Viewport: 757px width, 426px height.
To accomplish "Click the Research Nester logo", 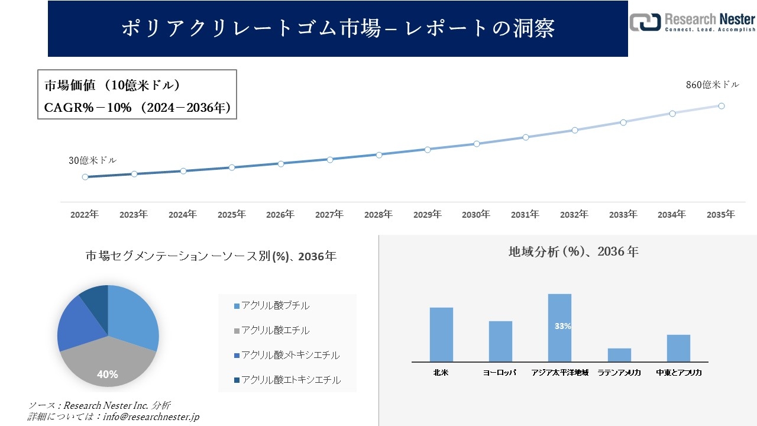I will click(x=692, y=22).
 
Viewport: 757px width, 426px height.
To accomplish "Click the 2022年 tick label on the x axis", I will click(x=85, y=215).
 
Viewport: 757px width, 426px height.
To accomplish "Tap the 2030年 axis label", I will click(x=476, y=215).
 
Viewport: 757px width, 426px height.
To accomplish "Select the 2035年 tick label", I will click(x=721, y=215).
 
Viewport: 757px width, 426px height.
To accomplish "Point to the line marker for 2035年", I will click(x=722, y=106).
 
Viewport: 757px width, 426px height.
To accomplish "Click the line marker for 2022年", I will click(x=85, y=177).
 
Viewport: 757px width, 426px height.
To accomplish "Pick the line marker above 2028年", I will click(x=379, y=154).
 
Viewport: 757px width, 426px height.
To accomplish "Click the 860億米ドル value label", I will click(x=712, y=85).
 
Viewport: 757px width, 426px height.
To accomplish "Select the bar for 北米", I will click(x=441, y=334).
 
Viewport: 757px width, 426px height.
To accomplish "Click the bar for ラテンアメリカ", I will click(x=619, y=354).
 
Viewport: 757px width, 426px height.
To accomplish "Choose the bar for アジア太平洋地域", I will click(x=559, y=327).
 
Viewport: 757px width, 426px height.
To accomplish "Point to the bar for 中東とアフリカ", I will click(x=678, y=348).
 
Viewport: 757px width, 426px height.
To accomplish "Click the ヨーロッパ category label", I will click(x=500, y=373).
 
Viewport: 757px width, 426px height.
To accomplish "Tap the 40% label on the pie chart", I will click(x=108, y=375).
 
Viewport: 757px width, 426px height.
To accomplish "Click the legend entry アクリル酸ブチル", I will click(x=275, y=306).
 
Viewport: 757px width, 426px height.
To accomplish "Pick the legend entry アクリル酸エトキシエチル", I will click(x=290, y=380).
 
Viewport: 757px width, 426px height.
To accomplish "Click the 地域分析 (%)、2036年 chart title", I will click(x=573, y=251).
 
